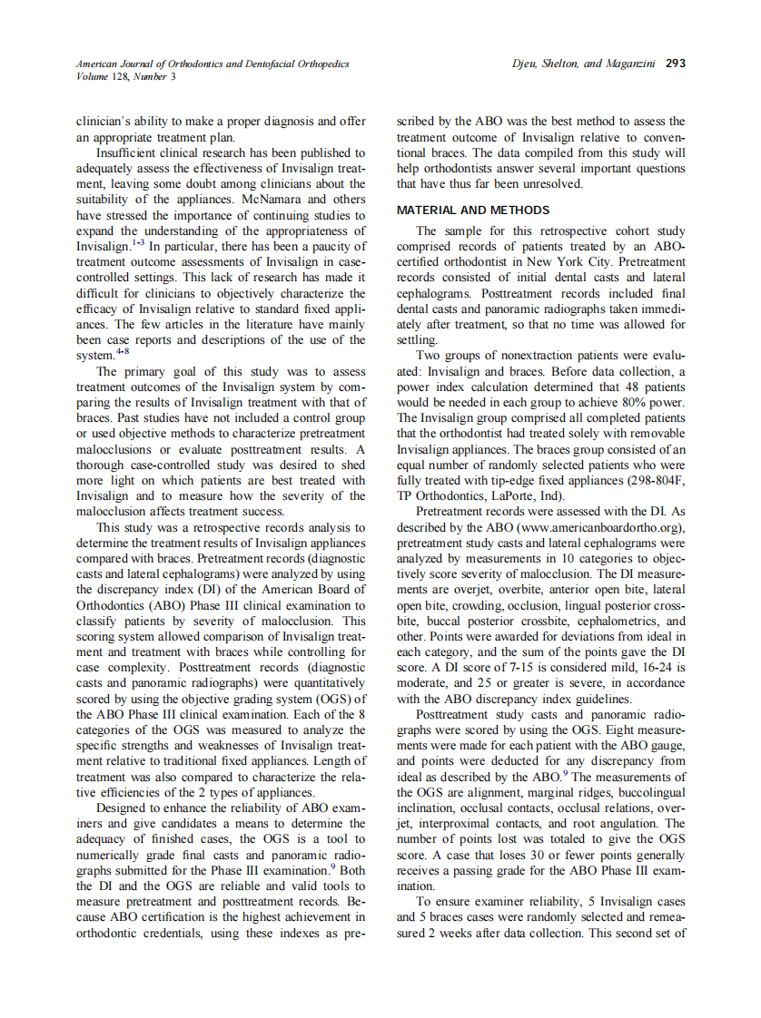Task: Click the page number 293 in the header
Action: tap(675, 64)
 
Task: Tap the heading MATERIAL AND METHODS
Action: tap(473, 210)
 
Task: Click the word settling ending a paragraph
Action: tap(417, 339)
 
